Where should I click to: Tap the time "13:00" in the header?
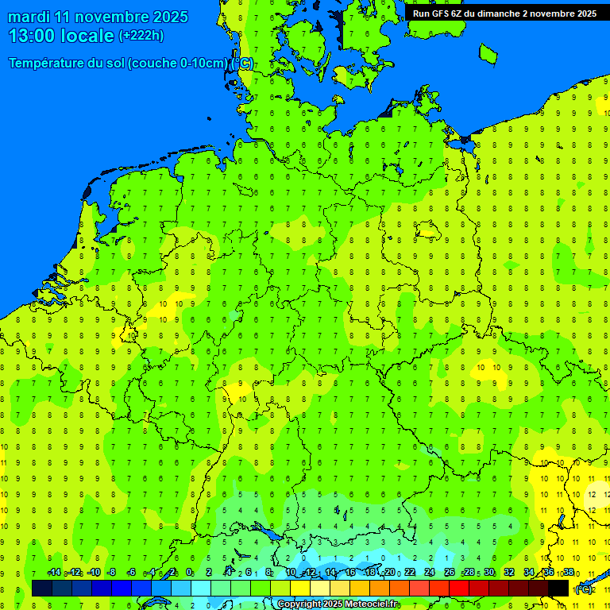pyautogui.click(x=34, y=36)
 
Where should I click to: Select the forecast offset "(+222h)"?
pyautogui.click(x=141, y=36)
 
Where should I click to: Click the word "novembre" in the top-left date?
pyautogui.click(x=109, y=17)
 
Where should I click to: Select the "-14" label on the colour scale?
pyautogui.click(x=54, y=573)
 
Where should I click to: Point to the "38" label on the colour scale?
pyautogui.click(x=569, y=573)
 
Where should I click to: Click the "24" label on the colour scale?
pyautogui.click(x=430, y=573)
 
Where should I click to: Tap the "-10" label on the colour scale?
pyautogui.click(x=94, y=573)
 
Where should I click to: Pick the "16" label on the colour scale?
pyautogui.click(x=350, y=573)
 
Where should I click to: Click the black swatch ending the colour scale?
pyautogui.click(x=558, y=588)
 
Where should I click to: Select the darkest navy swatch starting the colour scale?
pyautogui.click(x=42, y=588)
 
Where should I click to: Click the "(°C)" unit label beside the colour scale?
pyautogui.click(x=584, y=589)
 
